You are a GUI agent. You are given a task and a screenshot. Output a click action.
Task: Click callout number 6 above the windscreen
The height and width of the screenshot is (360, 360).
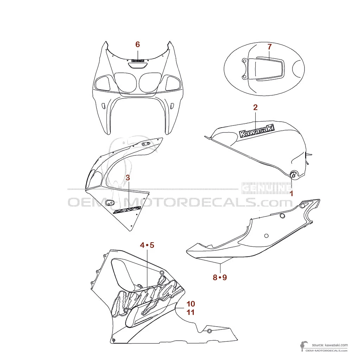point(137,44)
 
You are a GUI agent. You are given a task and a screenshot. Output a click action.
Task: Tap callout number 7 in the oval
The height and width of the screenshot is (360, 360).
point(269,46)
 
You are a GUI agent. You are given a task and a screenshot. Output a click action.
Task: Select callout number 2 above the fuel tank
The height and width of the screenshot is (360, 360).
point(256,107)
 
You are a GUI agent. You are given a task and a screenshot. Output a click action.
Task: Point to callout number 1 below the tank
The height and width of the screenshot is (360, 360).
point(291,193)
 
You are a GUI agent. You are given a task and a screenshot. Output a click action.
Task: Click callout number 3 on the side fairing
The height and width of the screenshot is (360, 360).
point(128,178)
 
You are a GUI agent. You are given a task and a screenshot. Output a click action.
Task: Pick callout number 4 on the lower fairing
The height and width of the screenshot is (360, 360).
point(142,245)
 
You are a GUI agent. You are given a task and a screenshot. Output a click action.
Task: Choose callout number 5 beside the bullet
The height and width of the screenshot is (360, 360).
point(152,245)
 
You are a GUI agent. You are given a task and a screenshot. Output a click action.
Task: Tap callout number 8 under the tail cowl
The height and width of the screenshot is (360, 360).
point(215,277)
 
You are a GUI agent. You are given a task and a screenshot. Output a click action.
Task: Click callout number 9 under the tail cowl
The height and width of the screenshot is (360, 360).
point(225,277)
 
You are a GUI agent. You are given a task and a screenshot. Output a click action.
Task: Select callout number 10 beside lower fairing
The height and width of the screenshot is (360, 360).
point(191,303)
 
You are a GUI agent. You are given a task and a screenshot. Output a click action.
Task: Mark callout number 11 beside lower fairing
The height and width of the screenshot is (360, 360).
point(191,312)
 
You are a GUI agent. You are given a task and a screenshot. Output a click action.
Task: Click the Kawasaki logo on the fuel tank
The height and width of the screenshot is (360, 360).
point(257,131)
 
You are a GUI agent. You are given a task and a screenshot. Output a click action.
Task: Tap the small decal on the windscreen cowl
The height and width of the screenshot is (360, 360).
point(138,60)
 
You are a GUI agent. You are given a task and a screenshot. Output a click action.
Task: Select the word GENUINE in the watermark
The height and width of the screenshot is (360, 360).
point(266,188)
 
